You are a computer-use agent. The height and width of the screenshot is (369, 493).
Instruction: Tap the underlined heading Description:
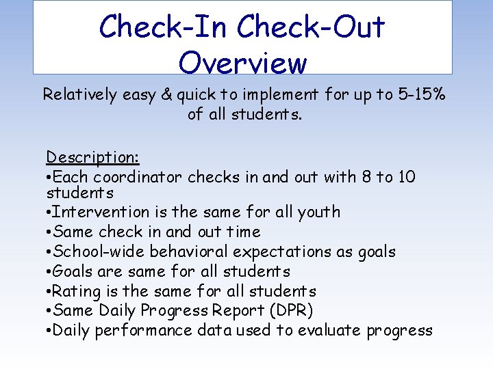(93, 157)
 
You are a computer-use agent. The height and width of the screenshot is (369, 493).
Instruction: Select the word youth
(318, 212)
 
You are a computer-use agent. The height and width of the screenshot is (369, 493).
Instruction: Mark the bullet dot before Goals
(49, 272)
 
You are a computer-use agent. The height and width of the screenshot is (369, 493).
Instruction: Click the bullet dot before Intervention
(49, 213)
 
